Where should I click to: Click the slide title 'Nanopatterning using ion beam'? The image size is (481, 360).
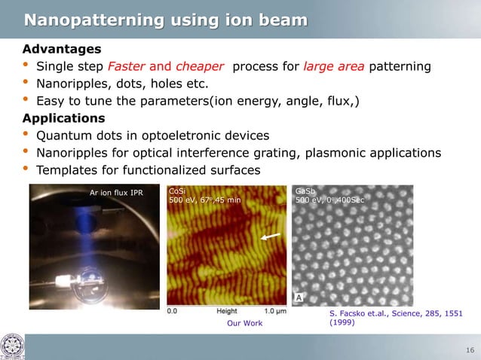[166, 19]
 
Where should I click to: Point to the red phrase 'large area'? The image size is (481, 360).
[334, 66]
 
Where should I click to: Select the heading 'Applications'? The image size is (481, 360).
[63, 118]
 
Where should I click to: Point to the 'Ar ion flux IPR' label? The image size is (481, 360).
[116, 193]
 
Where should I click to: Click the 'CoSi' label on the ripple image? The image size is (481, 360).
[176, 191]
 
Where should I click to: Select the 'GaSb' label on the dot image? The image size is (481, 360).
[306, 191]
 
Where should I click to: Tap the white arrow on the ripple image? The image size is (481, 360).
[271, 237]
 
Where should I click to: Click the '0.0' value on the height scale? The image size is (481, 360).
[172, 310]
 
